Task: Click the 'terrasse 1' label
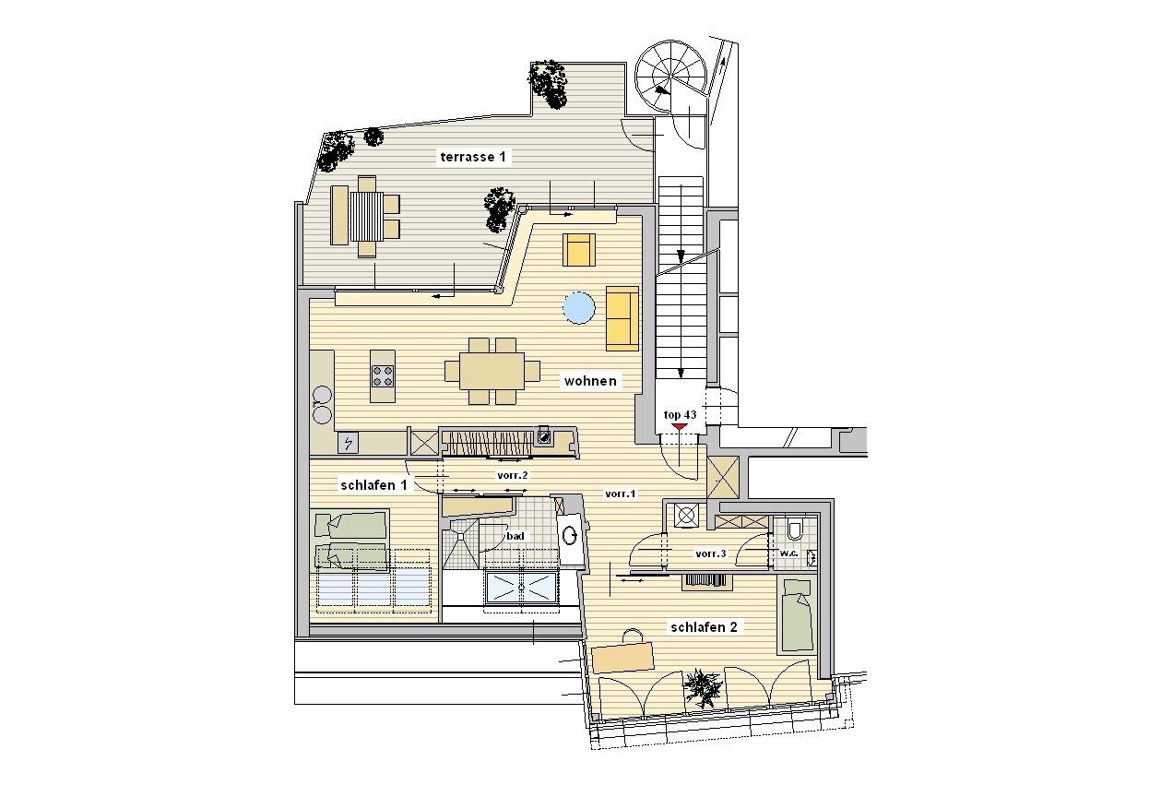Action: click(473, 157)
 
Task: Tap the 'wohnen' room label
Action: click(590, 381)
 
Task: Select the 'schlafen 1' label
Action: click(373, 485)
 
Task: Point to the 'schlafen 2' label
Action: click(704, 627)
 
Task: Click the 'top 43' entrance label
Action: click(680, 415)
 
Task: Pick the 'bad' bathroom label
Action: click(515, 536)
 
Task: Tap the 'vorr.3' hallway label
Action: click(711, 553)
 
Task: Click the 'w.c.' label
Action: click(788, 553)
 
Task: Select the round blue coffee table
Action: click(579, 308)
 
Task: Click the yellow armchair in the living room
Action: click(579, 249)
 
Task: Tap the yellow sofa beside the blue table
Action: click(622, 318)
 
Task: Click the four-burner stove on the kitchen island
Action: click(383, 376)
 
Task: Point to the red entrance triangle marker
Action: click(680, 426)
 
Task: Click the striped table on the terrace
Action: click(366, 217)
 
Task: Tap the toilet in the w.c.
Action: click(794, 529)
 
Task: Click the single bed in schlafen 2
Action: click(797, 615)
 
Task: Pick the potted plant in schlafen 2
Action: click(703, 687)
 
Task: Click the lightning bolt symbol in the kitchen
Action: click(348, 444)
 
